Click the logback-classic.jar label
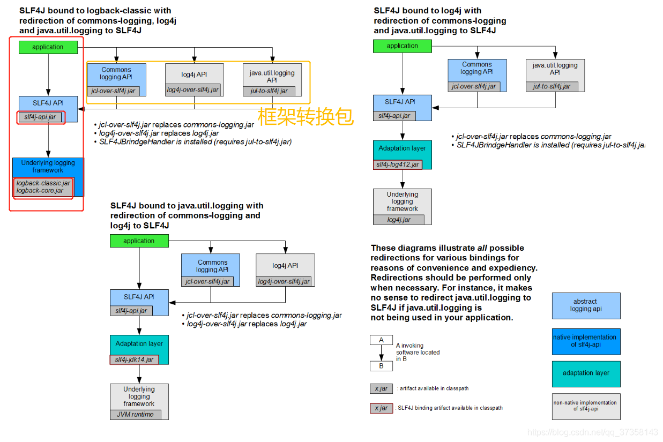pyautogui.click(x=43, y=183)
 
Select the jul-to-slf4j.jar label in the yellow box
pyautogui.click(x=269, y=91)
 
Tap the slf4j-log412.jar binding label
pyautogui.click(x=397, y=164)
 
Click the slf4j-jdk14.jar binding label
pyautogui.click(x=134, y=359)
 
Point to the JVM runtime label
pyautogui.click(x=135, y=415)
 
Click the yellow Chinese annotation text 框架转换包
pyautogui.click(x=306, y=116)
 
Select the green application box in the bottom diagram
pyautogui.click(x=139, y=241)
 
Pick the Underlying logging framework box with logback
pyautogui.click(x=48, y=167)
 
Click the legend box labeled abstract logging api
pyautogui.click(x=586, y=305)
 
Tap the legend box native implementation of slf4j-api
pyautogui.click(x=586, y=341)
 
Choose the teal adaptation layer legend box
pyautogui.click(x=586, y=373)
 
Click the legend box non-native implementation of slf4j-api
pyautogui.click(x=586, y=406)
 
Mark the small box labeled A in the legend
pyautogui.click(x=381, y=340)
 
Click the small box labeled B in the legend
pyautogui.click(x=381, y=366)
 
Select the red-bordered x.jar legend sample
pyautogui.click(x=381, y=408)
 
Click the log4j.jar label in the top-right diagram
pyautogui.click(x=398, y=220)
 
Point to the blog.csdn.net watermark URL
pyautogui.click(x=592, y=432)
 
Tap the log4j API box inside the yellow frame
pyautogui.click(x=194, y=75)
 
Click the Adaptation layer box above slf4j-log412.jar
pyautogui.click(x=402, y=148)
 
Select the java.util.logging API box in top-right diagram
pyautogui.click(x=555, y=69)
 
